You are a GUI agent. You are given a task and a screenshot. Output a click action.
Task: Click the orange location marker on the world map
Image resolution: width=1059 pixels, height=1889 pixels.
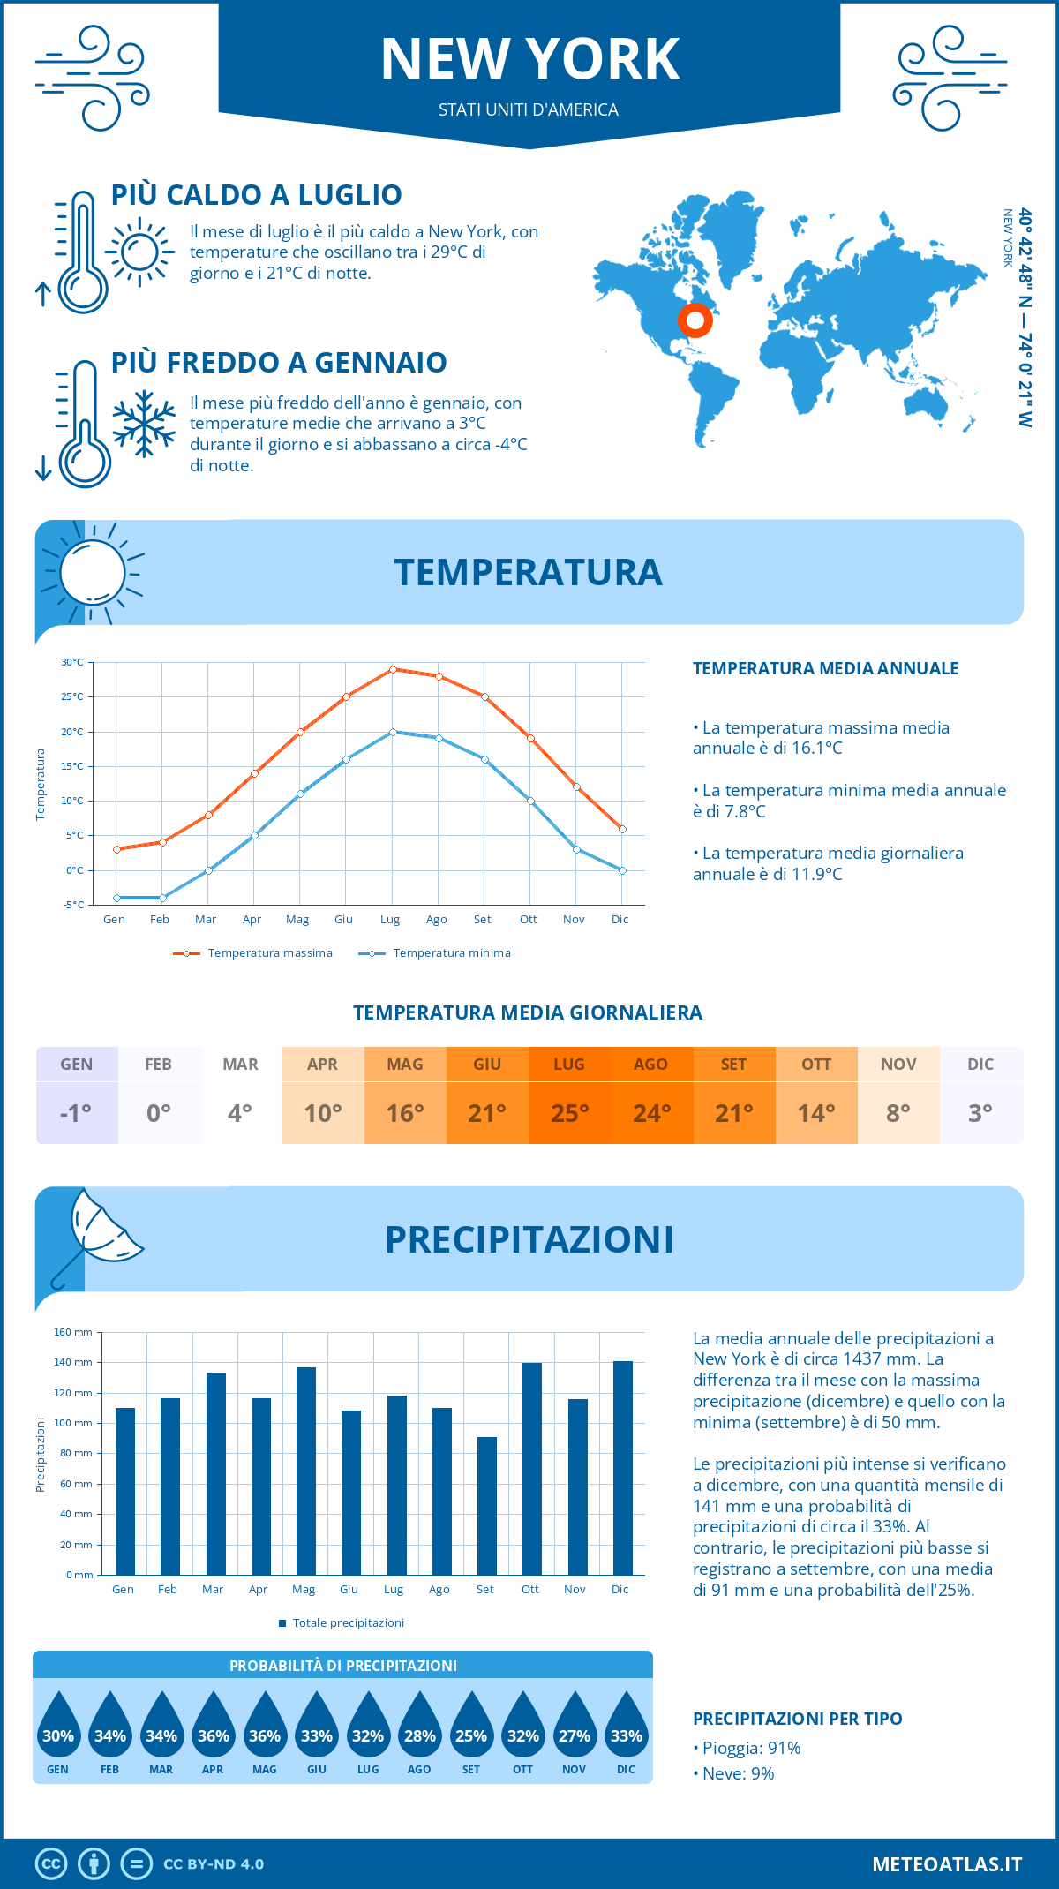click(695, 320)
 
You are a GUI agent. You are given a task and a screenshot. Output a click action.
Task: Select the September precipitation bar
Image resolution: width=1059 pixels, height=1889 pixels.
click(486, 1505)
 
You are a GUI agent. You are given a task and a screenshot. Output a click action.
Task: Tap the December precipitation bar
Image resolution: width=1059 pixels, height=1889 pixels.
click(622, 1467)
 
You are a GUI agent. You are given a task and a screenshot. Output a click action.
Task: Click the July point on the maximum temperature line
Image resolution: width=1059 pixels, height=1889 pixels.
click(393, 669)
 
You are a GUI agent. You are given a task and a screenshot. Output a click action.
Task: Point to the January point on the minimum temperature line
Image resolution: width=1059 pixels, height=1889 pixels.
click(116, 898)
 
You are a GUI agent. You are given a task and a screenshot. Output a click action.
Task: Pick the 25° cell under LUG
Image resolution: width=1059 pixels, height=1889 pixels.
click(569, 1113)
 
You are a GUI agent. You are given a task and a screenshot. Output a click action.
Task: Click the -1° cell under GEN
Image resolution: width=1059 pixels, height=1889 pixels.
click(77, 1113)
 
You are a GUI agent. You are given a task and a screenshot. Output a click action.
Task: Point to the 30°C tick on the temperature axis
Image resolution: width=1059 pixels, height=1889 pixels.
click(72, 662)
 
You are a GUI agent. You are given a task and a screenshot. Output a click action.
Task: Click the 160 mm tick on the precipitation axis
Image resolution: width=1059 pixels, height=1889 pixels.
click(74, 1332)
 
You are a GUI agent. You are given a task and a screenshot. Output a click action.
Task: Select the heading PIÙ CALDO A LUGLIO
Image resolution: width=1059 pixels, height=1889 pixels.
click(256, 195)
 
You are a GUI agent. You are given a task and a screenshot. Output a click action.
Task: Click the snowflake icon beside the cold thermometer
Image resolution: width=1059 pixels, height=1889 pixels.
click(144, 424)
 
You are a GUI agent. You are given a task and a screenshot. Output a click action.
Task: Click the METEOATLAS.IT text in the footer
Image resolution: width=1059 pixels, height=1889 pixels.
click(946, 1864)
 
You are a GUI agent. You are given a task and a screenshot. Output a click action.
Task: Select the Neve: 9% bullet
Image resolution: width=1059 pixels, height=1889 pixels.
click(733, 1773)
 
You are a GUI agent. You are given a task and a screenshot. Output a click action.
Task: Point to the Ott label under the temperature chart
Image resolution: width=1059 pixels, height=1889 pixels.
click(528, 920)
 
